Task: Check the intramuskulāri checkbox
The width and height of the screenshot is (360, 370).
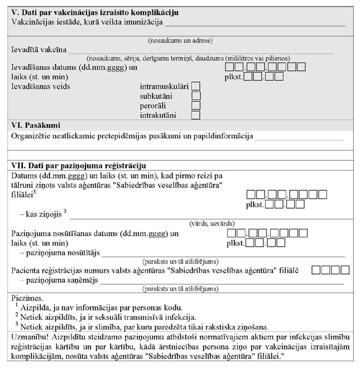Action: click(196, 87)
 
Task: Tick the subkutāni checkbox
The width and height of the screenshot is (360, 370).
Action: click(196, 96)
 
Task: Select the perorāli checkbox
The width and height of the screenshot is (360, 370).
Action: click(196, 105)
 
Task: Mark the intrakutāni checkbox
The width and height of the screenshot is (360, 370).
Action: click(196, 116)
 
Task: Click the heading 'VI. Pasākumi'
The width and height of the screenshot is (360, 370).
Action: click(36, 125)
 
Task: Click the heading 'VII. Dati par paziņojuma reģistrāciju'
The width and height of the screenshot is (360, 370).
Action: click(79, 166)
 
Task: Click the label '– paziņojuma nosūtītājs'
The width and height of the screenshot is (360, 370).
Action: click(59, 252)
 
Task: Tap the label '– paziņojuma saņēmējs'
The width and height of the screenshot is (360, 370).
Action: click(59, 280)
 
